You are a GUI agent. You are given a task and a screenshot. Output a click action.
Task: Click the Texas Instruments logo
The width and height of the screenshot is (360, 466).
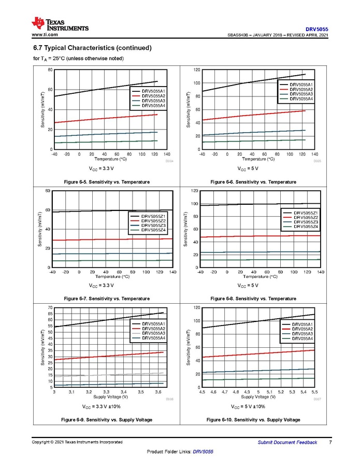point(60,24)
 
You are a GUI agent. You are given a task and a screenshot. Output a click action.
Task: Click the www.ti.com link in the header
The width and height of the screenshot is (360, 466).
point(45,35)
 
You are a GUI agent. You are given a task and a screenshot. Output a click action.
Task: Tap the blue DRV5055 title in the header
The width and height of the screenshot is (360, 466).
point(316,29)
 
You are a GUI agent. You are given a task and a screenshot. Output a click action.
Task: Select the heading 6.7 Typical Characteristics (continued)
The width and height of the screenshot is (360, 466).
point(92,48)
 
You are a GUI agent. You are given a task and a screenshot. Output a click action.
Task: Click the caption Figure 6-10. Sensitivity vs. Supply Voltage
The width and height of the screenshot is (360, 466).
point(253,419)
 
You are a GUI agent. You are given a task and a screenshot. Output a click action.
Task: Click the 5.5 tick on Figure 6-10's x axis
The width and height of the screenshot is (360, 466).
point(314,392)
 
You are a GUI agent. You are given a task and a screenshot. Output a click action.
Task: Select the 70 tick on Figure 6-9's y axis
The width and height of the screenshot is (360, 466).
point(50,308)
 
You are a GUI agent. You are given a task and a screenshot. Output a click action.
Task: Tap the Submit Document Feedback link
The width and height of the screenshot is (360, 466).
point(287,442)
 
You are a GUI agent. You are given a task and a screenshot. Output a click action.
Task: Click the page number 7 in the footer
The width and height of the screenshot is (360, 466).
point(330,442)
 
